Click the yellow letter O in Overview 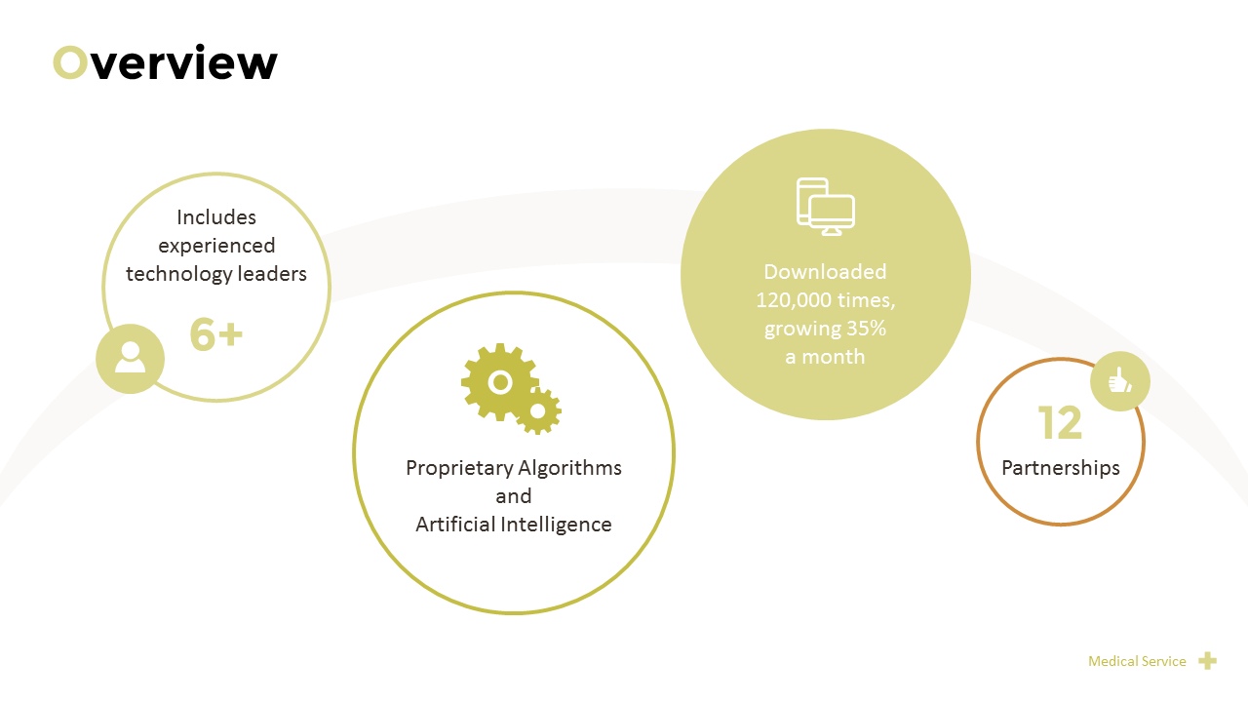[70, 63]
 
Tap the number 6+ [215, 334]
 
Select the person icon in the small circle [130, 358]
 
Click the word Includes [216, 217]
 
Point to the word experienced [216, 246]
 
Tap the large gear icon [498, 381]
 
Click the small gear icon [537, 411]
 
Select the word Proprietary [457, 468]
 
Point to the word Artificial [454, 525]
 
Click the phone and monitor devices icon [826, 207]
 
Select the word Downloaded [825, 272]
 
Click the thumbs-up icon [1120, 380]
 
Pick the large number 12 [1060, 424]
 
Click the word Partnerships [1061, 468]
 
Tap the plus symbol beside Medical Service [1207, 661]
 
